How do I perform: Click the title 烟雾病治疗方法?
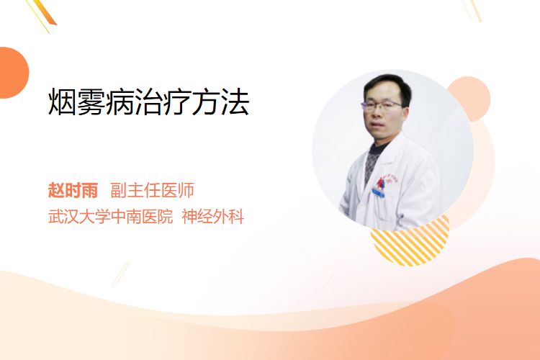click(x=148, y=102)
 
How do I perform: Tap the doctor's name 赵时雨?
click(x=73, y=190)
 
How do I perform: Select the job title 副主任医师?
click(x=152, y=190)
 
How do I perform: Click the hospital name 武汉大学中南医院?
click(x=110, y=217)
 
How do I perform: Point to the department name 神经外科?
click(x=213, y=217)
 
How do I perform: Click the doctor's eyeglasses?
click(x=382, y=105)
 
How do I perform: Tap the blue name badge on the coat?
click(x=378, y=193)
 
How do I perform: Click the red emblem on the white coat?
click(x=381, y=183)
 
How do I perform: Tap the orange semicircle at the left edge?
click(x=13, y=73)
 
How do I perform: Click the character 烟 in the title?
click(x=62, y=102)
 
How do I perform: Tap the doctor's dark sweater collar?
click(x=378, y=149)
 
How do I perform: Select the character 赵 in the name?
click(x=56, y=190)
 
